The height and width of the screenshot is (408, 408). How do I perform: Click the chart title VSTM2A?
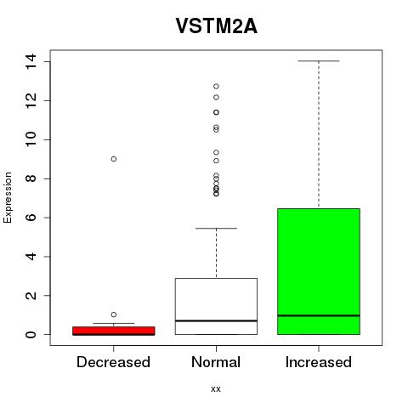(x=217, y=25)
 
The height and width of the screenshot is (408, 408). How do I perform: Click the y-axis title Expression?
(x=8, y=197)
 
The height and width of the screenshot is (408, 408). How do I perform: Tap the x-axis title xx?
(x=216, y=389)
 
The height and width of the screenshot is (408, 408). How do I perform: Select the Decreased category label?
(x=113, y=362)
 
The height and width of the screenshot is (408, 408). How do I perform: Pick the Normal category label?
(x=216, y=362)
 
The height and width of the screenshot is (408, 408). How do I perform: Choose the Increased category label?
(x=319, y=362)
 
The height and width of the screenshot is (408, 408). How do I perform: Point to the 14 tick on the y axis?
(x=31, y=61)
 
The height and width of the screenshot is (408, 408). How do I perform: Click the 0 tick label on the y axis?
(x=31, y=335)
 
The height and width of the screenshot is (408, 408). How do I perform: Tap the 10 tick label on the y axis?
(x=31, y=139)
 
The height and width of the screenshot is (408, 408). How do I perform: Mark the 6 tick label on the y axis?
(x=31, y=218)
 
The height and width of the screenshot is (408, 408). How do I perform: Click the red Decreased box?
(x=114, y=331)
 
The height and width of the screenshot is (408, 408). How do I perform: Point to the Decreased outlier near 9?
(x=114, y=159)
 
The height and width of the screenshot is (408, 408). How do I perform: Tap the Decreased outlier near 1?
(x=114, y=314)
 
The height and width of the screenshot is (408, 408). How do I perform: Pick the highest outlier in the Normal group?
(x=216, y=86)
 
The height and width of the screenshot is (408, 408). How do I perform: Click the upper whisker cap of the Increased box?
(x=319, y=61)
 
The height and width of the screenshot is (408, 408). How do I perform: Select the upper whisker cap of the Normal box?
(x=216, y=228)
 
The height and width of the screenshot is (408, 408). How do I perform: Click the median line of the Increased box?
(x=319, y=315)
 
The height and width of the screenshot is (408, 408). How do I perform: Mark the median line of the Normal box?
(x=216, y=320)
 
